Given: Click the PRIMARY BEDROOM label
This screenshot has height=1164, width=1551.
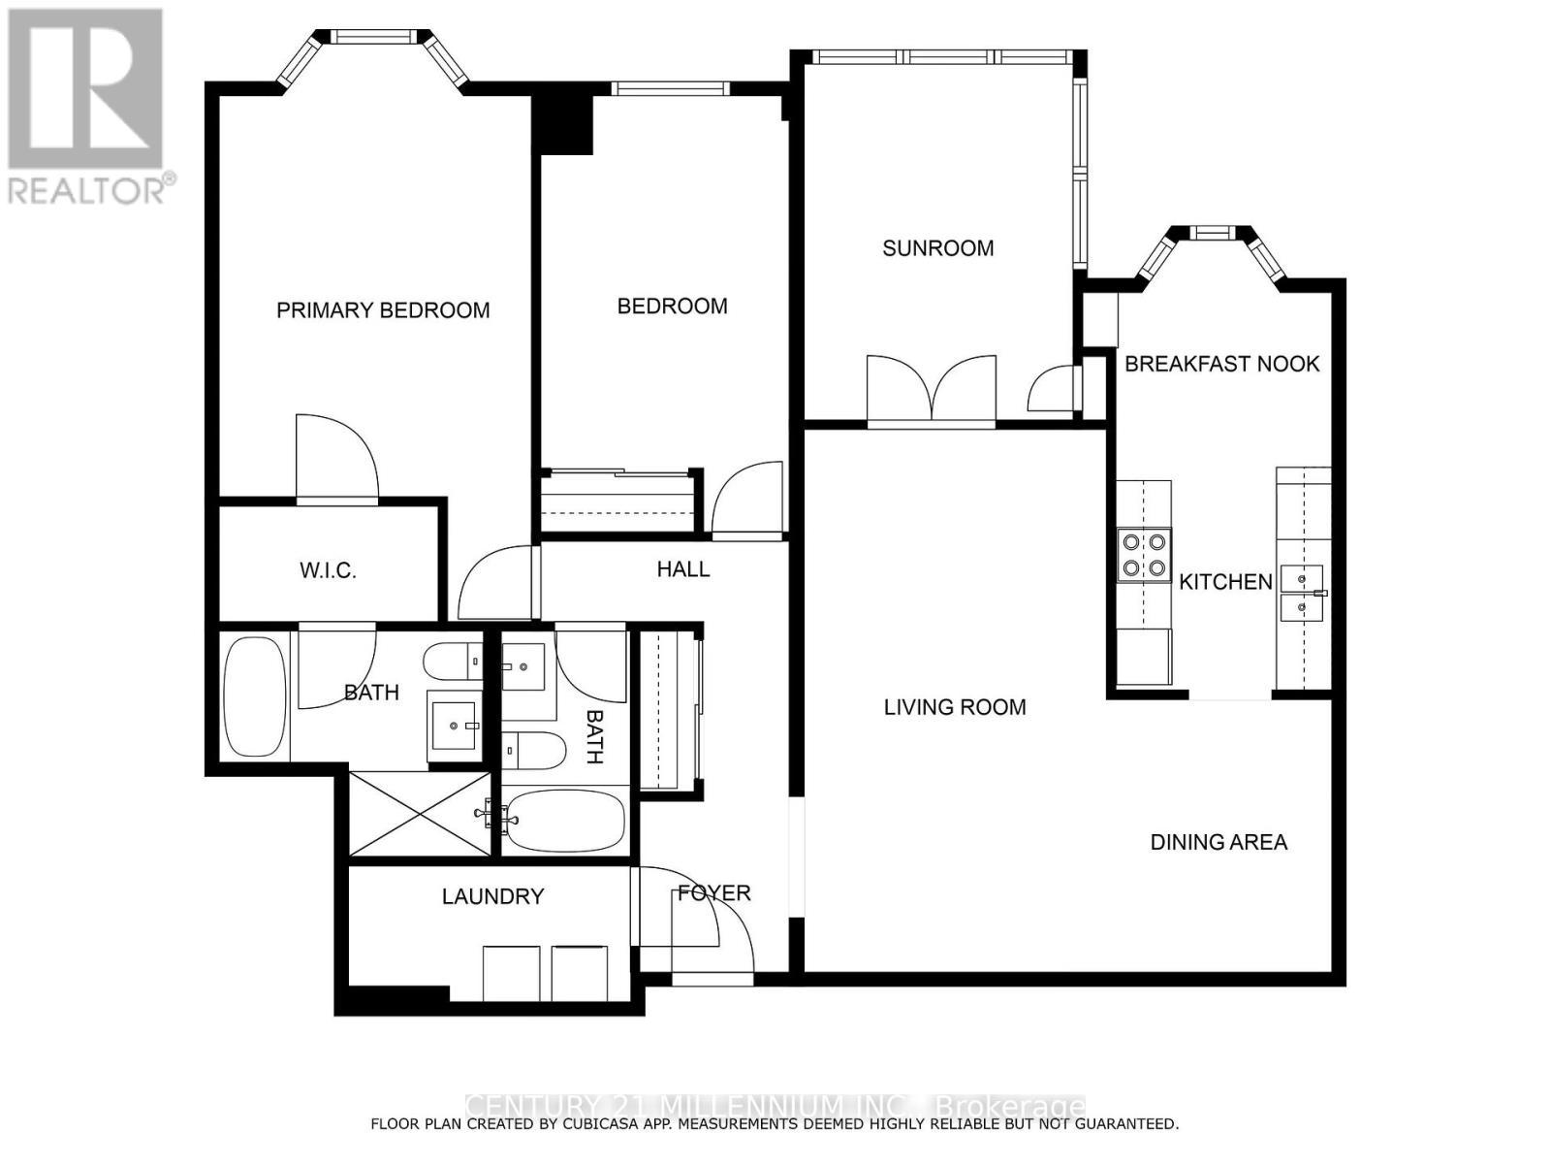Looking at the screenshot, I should point(383,310).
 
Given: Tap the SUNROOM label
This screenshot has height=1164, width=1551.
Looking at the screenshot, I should point(937,248).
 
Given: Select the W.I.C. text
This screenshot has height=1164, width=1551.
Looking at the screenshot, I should point(328,570).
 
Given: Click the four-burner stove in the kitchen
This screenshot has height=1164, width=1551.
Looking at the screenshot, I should point(1144,555).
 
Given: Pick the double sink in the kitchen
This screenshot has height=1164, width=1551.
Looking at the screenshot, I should point(1301,594).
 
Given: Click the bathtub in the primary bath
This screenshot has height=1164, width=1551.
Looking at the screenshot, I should point(255,695).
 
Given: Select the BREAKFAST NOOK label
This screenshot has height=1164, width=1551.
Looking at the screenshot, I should point(1221,364).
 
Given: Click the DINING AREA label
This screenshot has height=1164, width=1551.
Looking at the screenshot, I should point(1219,842).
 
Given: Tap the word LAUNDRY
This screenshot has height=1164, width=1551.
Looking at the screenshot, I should point(492,896).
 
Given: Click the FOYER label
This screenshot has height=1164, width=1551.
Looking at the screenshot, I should point(714,892).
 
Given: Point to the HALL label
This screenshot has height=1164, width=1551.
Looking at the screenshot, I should point(683,569).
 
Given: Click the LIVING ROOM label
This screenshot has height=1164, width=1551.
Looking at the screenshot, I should point(955,707).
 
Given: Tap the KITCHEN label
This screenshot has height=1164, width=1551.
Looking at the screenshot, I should point(1225,582).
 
